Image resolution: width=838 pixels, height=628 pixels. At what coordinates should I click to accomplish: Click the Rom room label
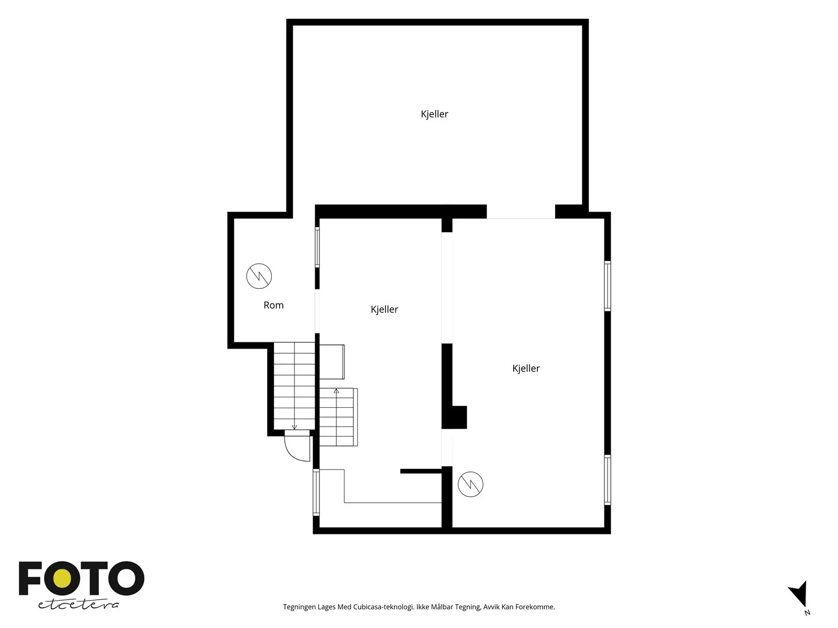[273, 305]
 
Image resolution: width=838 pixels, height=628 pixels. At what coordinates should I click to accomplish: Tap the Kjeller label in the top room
[434, 114]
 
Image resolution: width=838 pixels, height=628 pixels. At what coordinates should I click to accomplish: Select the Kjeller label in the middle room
[384, 309]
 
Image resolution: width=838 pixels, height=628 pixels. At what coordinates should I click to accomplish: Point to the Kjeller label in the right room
[526, 368]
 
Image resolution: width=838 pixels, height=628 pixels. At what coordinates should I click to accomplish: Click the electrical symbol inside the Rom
[259, 276]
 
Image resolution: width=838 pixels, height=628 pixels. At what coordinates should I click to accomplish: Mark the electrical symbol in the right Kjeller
[470, 484]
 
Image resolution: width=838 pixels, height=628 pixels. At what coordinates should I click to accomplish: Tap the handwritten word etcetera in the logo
[78, 605]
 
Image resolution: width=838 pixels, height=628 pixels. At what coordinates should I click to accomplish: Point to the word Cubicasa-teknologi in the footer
[383, 607]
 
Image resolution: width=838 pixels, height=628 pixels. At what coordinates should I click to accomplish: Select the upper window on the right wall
[608, 286]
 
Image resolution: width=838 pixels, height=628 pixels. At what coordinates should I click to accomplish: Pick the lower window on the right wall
[608, 480]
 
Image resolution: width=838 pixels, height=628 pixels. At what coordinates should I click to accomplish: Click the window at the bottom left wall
[316, 492]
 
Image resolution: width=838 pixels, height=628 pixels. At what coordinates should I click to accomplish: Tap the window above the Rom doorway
[317, 247]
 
